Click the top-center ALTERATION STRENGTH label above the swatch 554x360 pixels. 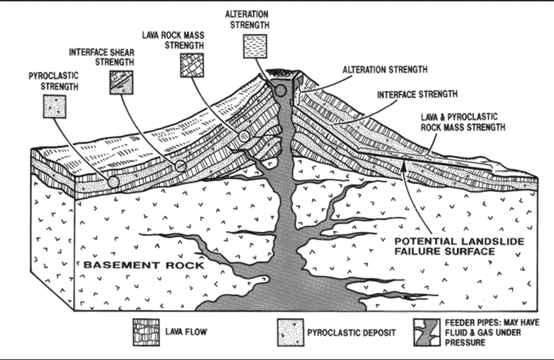247,19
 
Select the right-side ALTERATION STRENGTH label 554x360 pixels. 385,70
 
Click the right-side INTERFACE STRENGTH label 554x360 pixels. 417,92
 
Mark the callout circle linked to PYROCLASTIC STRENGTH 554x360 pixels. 113,182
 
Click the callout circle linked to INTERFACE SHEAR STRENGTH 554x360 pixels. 181,166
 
